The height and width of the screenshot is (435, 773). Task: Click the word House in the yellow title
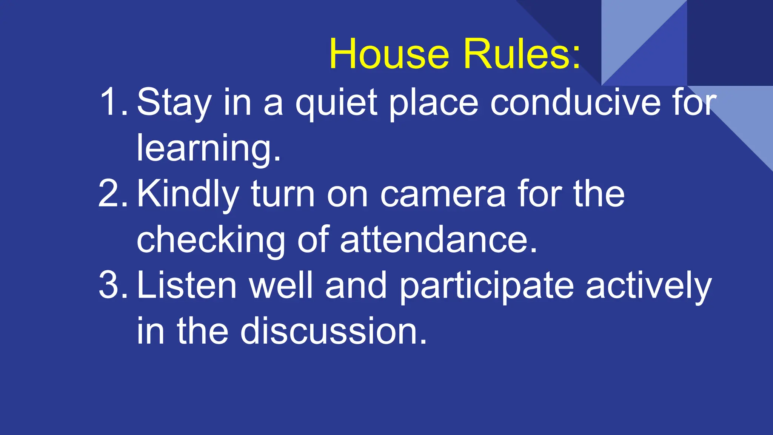[389, 54]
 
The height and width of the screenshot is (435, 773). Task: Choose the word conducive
[576, 102]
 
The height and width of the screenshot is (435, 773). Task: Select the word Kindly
[188, 194]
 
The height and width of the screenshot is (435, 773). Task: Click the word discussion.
[334, 331]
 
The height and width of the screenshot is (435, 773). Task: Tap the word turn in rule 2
[283, 194]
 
